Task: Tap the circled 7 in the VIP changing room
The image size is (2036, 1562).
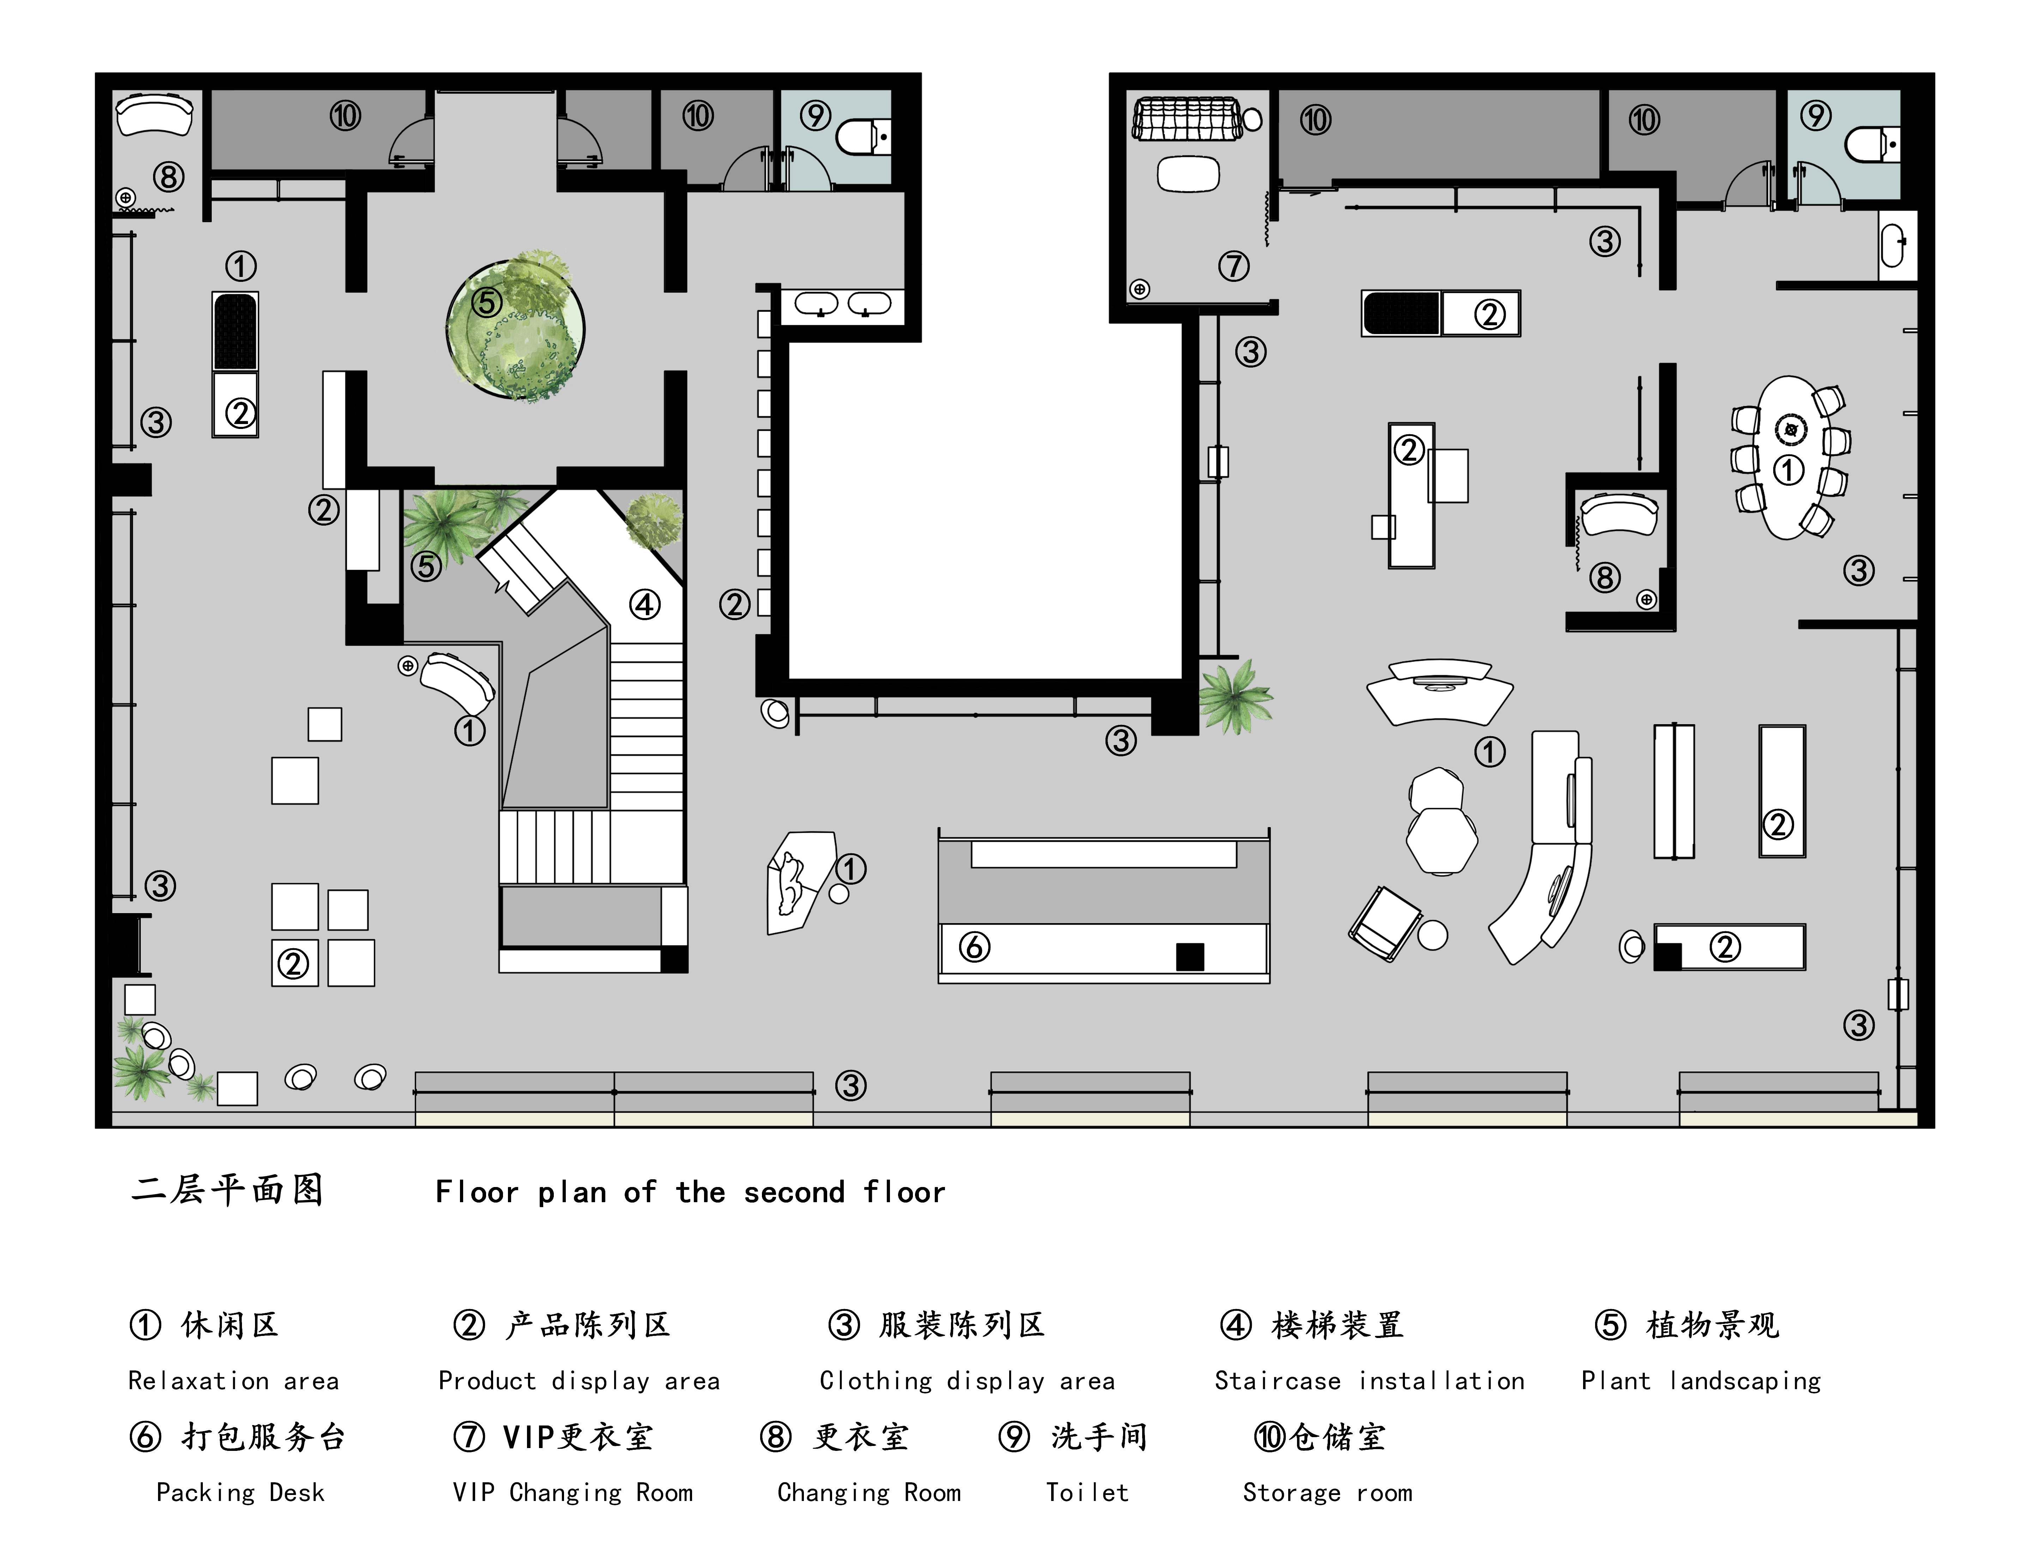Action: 1234,267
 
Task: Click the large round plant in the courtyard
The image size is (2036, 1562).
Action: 516,327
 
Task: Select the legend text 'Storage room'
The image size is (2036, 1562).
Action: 1328,1493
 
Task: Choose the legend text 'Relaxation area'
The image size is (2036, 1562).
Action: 234,1382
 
